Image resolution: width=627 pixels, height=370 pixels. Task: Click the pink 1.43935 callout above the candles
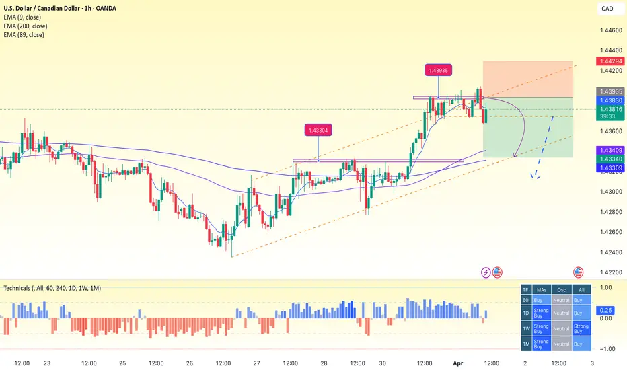[439, 69]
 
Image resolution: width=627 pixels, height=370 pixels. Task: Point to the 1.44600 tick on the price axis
[609, 30]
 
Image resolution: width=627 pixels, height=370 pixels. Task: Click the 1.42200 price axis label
[609, 272]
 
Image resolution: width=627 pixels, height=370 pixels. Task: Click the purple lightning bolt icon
[486, 272]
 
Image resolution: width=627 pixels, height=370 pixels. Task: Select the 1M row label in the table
[525, 344]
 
